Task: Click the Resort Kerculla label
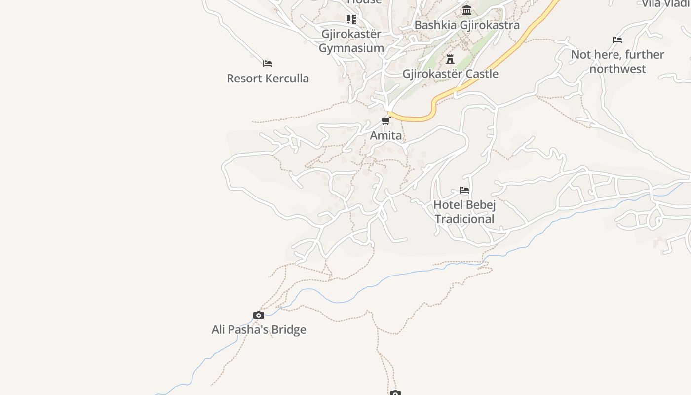point(268,78)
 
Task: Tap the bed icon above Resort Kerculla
point(268,64)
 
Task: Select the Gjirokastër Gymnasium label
point(351,41)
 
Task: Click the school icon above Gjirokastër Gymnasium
point(351,19)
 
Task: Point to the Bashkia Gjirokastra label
point(467,25)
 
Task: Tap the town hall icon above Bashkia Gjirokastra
point(467,10)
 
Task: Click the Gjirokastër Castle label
point(450,74)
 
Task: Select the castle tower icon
point(450,59)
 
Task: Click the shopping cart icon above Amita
point(385,121)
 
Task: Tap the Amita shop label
point(385,135)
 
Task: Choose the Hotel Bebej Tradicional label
point(464,211)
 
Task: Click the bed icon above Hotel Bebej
point(464,190)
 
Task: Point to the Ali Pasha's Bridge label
point(259,329)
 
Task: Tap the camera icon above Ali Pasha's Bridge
point(259,316)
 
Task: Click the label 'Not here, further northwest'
point(617,61)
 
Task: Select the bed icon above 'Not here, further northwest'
point(617,40)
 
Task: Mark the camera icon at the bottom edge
point(395,393)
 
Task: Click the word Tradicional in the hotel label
point(464,219)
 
